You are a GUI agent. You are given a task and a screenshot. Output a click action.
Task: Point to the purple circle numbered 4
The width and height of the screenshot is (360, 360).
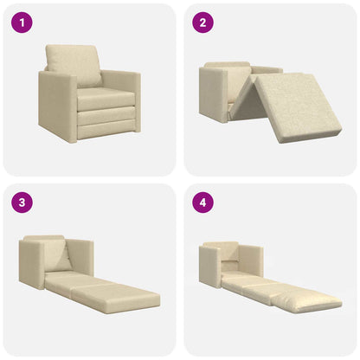pyautogui.click(x=202, y=203)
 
